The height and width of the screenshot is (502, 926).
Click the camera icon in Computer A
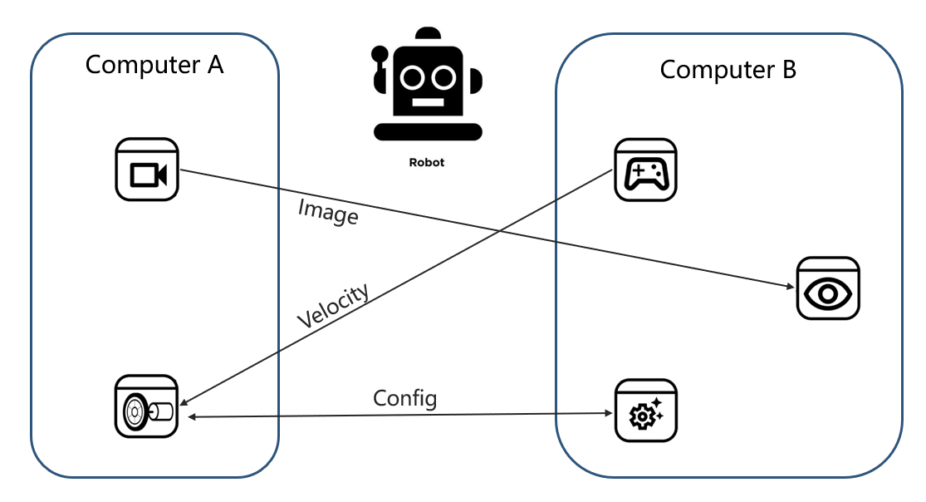tap(147, 170)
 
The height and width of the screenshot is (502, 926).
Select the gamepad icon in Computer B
tap(645, 170)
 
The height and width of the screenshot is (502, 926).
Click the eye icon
tap(828, 288)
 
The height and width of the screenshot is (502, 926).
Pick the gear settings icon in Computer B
tap(645, 410)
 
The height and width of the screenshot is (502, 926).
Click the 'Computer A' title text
tap(154, 64)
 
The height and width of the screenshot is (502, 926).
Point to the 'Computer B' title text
tap(728, 69)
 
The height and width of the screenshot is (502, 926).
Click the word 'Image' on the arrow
tap(328, 213)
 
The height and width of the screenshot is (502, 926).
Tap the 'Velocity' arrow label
tap(333, 307)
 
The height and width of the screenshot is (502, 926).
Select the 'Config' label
tap(404, 398)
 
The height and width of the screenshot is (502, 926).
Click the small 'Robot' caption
tap(427, 163)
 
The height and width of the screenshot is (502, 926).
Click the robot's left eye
tap(413, 77)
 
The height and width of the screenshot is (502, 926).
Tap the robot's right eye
tap(443, 77)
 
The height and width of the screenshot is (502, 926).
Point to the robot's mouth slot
tap(428, 104)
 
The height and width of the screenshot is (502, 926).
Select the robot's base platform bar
tap(428, 130)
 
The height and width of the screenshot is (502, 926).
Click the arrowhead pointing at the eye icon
tap(790, 287)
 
